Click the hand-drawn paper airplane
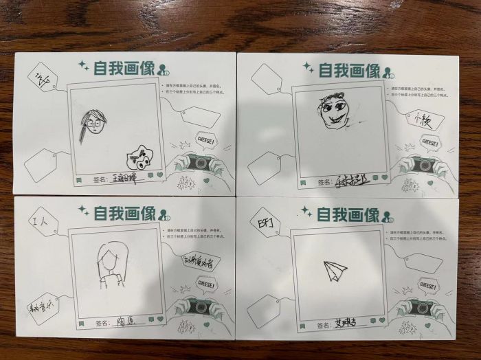click(x=335, y=270)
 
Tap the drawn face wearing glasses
click(x=93, y=127)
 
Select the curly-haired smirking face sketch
click(x=333, y=112)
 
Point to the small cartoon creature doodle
click(x=142, y=159)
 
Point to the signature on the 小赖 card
click(x=350, y=182)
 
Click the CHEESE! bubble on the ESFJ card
click(x=427, y=284)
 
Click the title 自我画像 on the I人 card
click(x=124, y=214)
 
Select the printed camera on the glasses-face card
click(x=200, y=163)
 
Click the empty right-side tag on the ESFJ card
click(x=423, y=262)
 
